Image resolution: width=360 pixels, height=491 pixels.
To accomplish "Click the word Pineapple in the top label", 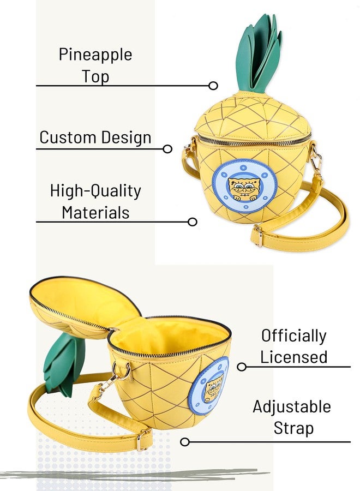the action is pos(95,55).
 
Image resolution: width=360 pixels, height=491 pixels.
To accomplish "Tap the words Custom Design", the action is pos(95,137).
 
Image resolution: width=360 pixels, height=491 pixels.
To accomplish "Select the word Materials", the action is pos(95,213).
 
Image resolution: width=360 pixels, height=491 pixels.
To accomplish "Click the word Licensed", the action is pos(293,357).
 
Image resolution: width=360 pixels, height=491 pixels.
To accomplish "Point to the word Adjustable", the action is pos(292,407).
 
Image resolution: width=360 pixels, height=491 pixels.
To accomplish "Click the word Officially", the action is pos(293,336).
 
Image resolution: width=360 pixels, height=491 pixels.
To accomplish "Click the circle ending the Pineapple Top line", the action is pos(213,86).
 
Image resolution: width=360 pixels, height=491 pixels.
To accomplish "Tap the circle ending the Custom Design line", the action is pos(167,149).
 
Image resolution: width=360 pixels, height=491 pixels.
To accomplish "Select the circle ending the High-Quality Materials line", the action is pos(192,222).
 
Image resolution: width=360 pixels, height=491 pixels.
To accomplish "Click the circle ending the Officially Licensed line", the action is pos(242,367).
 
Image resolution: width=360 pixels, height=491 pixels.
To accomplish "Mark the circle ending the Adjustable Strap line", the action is pos(185,442).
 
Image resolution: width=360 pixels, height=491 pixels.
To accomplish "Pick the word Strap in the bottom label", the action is pos(293,428).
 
